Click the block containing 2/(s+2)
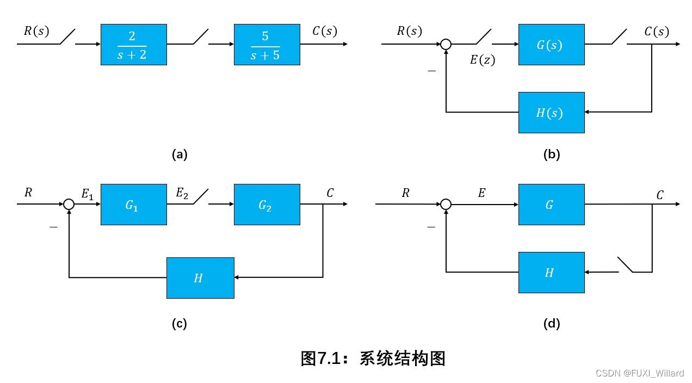pos(133,45)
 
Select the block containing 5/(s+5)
pos(267,45)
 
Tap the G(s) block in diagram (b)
pos(551,45)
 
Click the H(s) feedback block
pos(551,113)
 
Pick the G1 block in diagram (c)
pos(133,205)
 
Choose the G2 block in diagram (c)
pos(267,205)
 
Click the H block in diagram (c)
pos(200,277)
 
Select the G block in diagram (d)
pos(551,205)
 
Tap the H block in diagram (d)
pos(551,272)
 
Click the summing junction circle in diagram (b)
pos(446,45)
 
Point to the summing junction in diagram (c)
pos(69,205)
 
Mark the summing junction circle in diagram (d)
pos(446,205)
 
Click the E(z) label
pos(483,60)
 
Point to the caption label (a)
pos(179,155)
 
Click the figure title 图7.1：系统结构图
pos(373,359)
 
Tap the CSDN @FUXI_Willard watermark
pos(640,373)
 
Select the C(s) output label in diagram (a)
pos(324,31)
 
